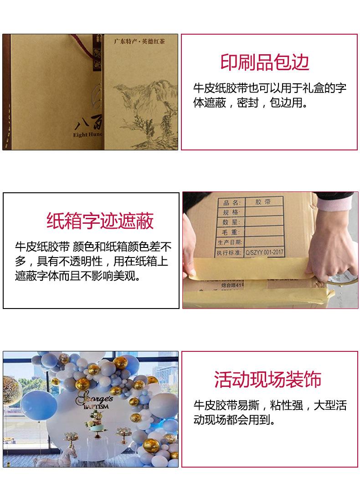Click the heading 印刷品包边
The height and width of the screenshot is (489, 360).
point(265,62)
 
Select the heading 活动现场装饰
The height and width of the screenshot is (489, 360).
point(268,379)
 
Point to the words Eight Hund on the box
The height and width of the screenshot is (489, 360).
point(89,135)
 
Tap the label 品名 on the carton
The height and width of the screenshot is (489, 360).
point(231,203)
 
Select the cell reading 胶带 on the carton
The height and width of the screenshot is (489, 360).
point(263,202)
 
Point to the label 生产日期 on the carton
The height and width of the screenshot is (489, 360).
point(230,242)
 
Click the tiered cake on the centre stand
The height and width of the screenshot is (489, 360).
point(96,421)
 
